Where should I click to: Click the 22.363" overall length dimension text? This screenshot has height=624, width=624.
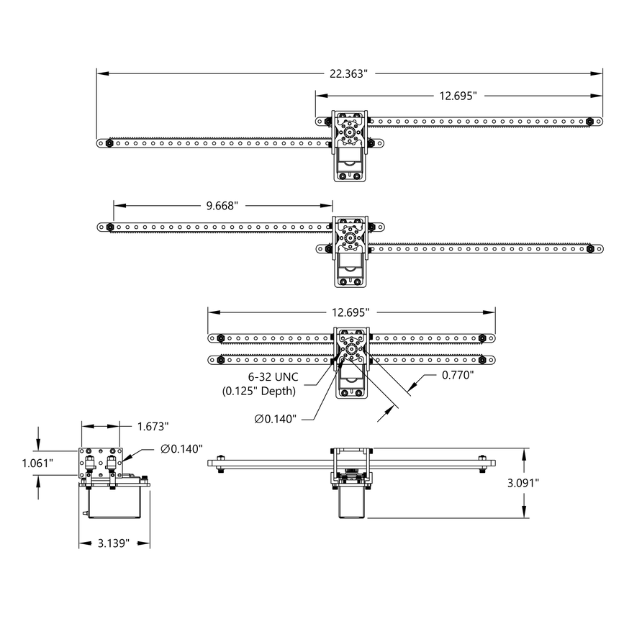(348, 73)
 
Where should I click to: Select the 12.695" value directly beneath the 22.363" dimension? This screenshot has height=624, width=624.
(457, 96)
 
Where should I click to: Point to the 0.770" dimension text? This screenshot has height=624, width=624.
(457, 375)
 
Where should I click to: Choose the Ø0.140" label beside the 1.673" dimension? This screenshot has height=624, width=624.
(182, 448)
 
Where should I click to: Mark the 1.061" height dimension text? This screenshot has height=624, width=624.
(37, 464)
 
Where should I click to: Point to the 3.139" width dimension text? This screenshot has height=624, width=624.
(113, 543)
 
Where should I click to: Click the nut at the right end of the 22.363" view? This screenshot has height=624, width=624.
(589, 121)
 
